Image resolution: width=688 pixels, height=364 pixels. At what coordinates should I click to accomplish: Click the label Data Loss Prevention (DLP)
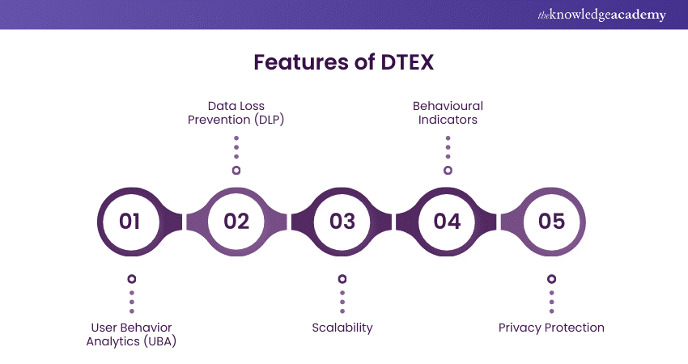(236, 112)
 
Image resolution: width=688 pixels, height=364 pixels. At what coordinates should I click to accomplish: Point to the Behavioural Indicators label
(448, 112)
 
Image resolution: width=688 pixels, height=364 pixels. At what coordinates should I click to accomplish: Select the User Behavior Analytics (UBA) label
(131, 334)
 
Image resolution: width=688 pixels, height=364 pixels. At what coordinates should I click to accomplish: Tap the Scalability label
(342, 328)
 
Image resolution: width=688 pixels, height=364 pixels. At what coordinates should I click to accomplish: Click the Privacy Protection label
(551, 328)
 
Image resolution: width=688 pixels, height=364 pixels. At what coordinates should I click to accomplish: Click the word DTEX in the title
(407, 62)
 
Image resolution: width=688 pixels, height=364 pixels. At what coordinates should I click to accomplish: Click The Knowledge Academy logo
(601, 15)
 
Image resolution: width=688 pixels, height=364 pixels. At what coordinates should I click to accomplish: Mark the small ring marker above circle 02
(236, 170)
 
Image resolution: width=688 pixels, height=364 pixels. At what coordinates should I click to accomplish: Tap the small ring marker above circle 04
(448, 170)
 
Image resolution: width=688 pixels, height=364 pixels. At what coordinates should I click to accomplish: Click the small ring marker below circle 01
(132, 279)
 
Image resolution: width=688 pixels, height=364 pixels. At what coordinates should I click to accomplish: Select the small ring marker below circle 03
(342, 279)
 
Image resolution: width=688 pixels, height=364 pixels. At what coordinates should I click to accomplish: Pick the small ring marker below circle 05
(551, 279)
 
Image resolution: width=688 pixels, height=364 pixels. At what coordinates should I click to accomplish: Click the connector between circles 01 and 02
(184, 222)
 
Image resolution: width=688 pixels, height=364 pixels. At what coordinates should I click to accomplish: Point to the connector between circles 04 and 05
(499, 222)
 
